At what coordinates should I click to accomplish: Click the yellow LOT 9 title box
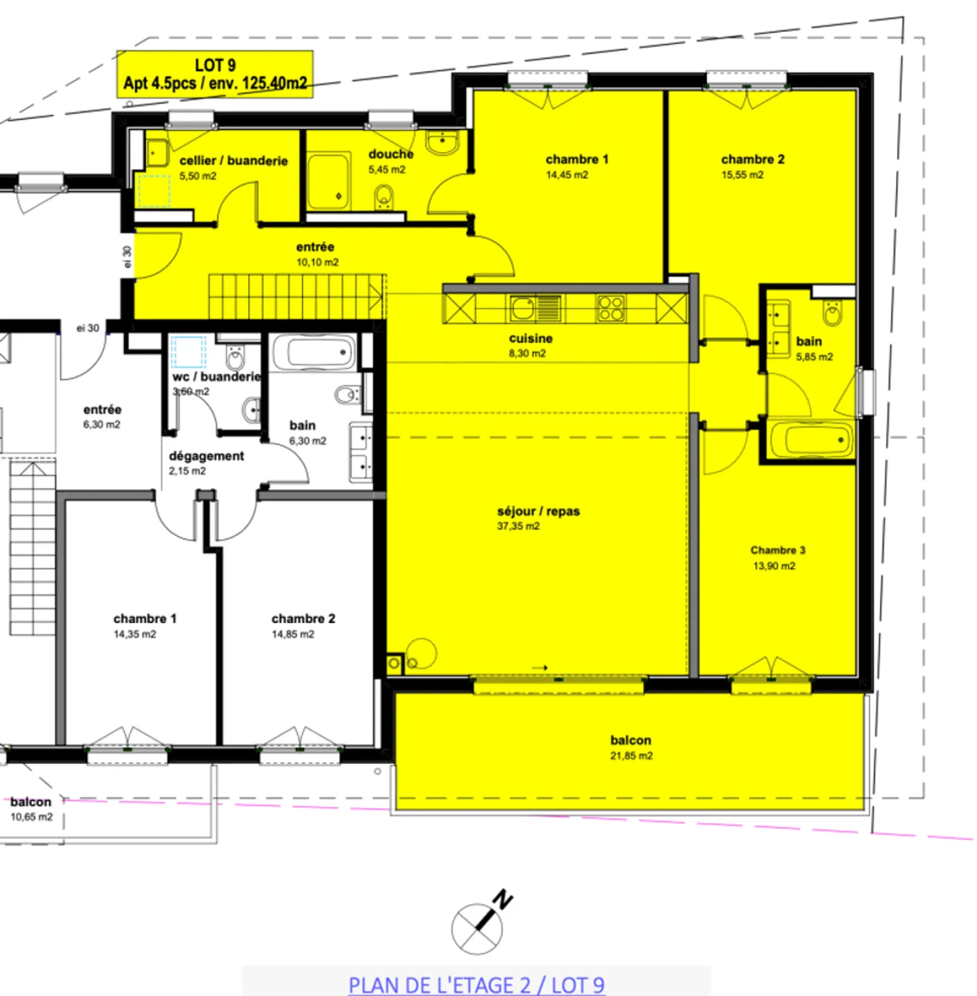point(214,74)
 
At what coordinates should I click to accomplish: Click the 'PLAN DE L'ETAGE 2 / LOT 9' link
point(476,984)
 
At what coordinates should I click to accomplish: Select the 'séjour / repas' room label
point(538,511)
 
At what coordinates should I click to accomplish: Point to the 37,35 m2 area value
point(518,526)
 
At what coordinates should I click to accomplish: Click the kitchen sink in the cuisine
point(523,309)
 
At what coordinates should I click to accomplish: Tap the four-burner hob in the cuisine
point(611,309)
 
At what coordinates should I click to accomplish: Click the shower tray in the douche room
point(328,182)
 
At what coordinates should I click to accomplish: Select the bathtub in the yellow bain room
point(811,440)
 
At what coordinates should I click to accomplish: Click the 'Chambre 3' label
point(778,550)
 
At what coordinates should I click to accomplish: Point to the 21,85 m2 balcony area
point(631,756)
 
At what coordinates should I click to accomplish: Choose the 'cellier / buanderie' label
point(233,161)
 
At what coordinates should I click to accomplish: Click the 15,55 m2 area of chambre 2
point(742,175)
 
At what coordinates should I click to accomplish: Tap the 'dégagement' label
point(206,456)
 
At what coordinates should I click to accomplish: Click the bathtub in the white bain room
point(315,352)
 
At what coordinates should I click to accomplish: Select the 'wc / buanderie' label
point(216,377)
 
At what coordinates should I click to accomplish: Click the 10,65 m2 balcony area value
point(31,817)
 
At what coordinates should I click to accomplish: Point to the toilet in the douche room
point(384,198)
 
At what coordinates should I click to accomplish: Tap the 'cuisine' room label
point(531,339)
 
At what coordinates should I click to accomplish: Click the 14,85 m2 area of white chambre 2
point(293,634)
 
